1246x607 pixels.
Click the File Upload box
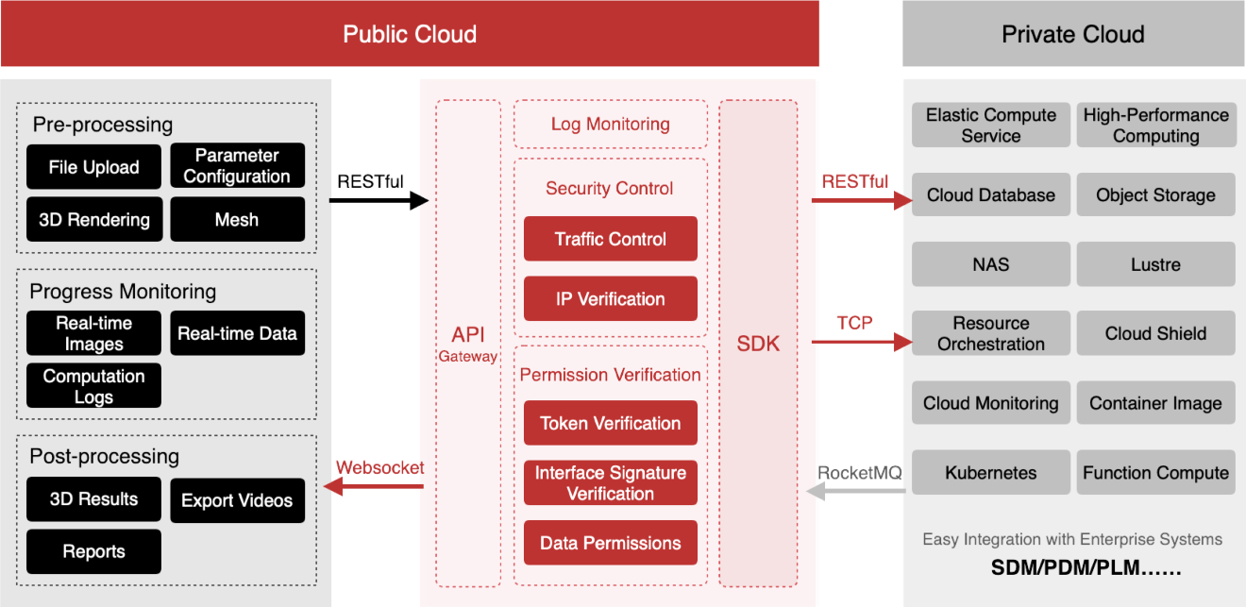coord(94,167)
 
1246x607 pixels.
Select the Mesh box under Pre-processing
coord(237,219)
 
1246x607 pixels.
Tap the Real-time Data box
coord(237,333)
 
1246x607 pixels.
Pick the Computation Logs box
coord(93,385)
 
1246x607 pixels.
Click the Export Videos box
coord(237,500)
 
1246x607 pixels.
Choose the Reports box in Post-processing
coord(93,551)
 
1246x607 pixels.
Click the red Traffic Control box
coord(611,239)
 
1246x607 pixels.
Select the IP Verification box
coord(611,299)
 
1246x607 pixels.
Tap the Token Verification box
coord(611,423)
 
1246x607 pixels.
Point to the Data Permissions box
coord(611,543)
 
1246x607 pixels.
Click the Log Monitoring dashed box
coord(611,124)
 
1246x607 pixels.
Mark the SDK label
coord(758,344)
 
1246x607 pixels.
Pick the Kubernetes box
coord(991,473)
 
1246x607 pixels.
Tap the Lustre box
coord(1156,264)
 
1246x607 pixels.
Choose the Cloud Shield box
coord(1156,333)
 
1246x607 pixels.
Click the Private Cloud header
coord(1073,34)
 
